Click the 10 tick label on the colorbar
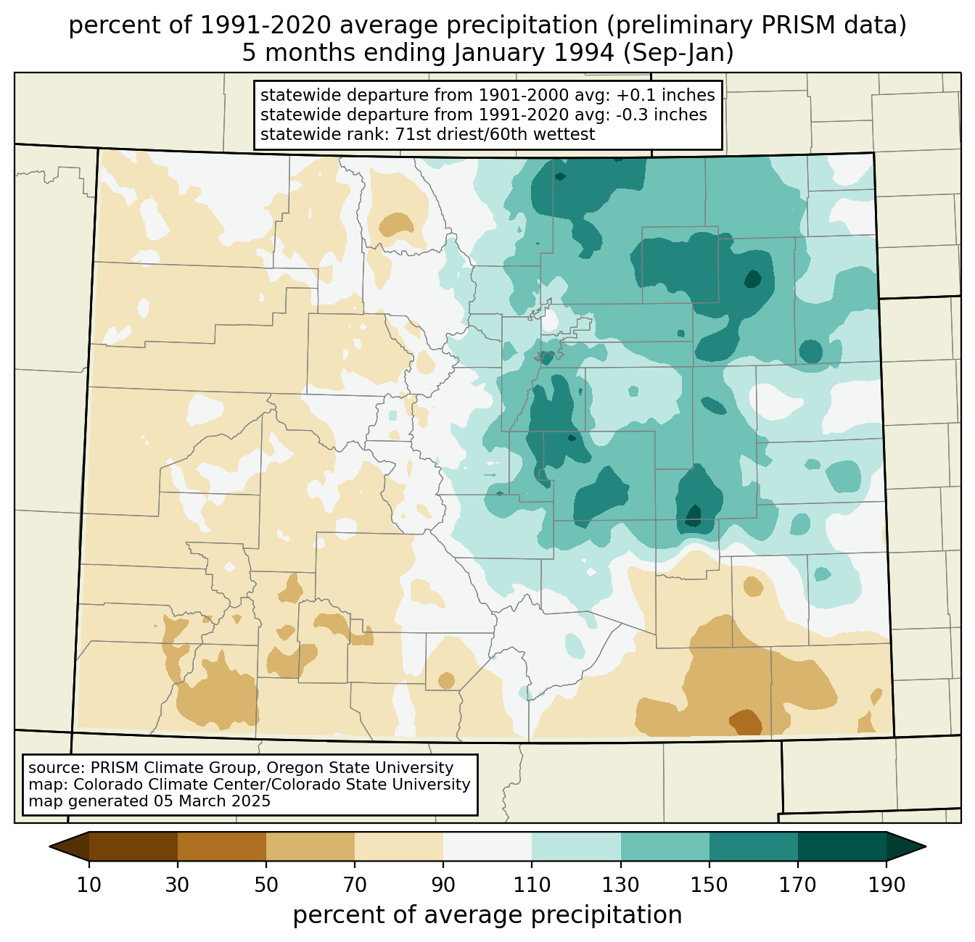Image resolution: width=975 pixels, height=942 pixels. coord(89,885)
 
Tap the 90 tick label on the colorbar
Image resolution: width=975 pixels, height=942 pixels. coord(443,885)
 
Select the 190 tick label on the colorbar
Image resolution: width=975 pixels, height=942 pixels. coord(886,885)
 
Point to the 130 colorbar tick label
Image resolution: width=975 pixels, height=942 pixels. coord(621,885)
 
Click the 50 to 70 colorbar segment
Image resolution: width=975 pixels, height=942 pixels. coord(310,846)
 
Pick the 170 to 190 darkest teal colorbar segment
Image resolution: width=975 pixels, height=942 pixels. coord(842,846)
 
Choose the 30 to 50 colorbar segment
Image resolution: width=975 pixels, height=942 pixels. coord(222,846)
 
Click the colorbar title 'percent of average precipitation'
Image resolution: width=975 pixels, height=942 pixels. coord(487,915)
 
